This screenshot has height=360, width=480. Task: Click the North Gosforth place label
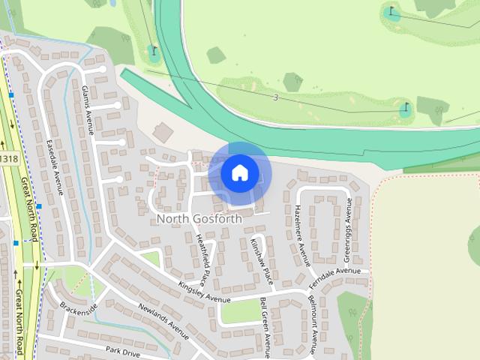[199, 219]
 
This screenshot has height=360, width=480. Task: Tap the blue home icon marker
[239, 172]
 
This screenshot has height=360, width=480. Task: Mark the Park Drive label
[123, 350]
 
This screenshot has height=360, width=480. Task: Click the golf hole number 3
[275, 97]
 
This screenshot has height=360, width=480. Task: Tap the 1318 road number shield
[8, 159]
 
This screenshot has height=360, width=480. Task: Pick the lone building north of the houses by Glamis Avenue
[163, 133]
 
